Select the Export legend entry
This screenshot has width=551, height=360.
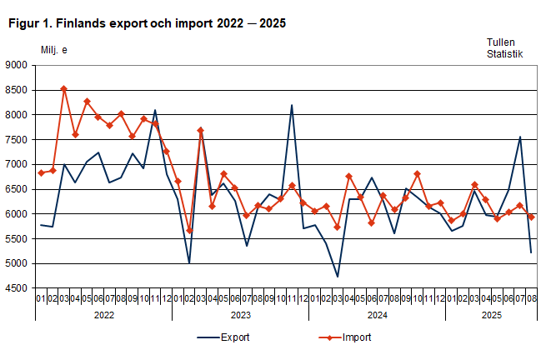223,337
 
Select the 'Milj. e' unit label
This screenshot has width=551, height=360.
54,50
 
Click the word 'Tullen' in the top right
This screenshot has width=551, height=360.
502,42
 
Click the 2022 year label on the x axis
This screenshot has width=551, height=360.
103,315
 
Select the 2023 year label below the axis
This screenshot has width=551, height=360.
240,315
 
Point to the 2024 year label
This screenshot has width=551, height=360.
377,315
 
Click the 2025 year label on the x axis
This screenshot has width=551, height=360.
491,315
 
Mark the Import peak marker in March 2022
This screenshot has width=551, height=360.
64,88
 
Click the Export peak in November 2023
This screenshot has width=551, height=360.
292,105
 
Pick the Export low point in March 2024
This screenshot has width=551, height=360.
338,277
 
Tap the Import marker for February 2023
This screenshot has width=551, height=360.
189,231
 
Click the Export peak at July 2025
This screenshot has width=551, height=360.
520,137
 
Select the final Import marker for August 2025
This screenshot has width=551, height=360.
531,217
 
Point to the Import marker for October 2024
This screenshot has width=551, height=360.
417,174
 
